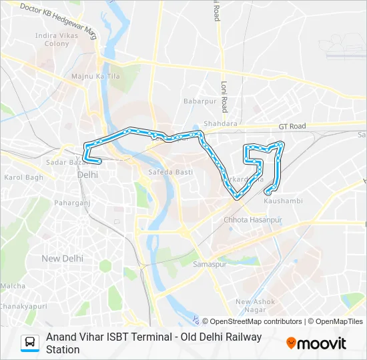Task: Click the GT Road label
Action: [x=292, y=126]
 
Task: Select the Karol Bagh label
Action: [x=23, y=177]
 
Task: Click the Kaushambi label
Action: [x=283, y=201]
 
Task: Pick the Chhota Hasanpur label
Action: [x=253, y=219]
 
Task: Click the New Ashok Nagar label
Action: [x=255, y=306]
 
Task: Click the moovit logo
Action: [x=316, y=343]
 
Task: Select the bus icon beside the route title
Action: [x=30, y=343]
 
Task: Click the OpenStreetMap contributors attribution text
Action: [x=256, y=321]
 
